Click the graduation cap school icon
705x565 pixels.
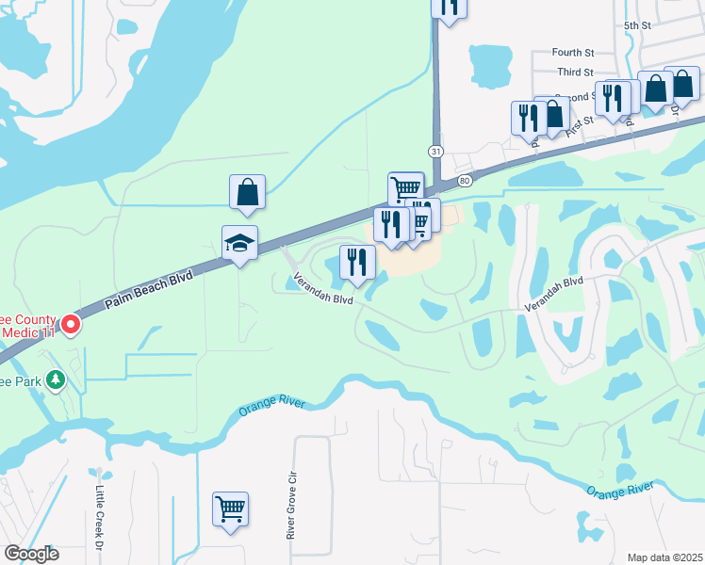click(x=239, y=245)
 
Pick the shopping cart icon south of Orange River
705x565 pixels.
click(x=230, y=509)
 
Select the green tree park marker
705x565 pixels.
click(x=57, y=379)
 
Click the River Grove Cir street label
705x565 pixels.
click(x=291, y=506)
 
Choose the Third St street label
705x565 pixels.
click(x=575, y=72)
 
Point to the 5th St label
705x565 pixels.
click(x=637, y=25)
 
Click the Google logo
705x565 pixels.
click(x=32, y=554)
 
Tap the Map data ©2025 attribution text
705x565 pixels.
click(x=664, y=557)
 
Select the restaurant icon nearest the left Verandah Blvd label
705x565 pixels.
click(x=357, y=261)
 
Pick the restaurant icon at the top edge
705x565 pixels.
click(x=450, y=7)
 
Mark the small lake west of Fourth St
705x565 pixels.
click(x=487, y=65)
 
